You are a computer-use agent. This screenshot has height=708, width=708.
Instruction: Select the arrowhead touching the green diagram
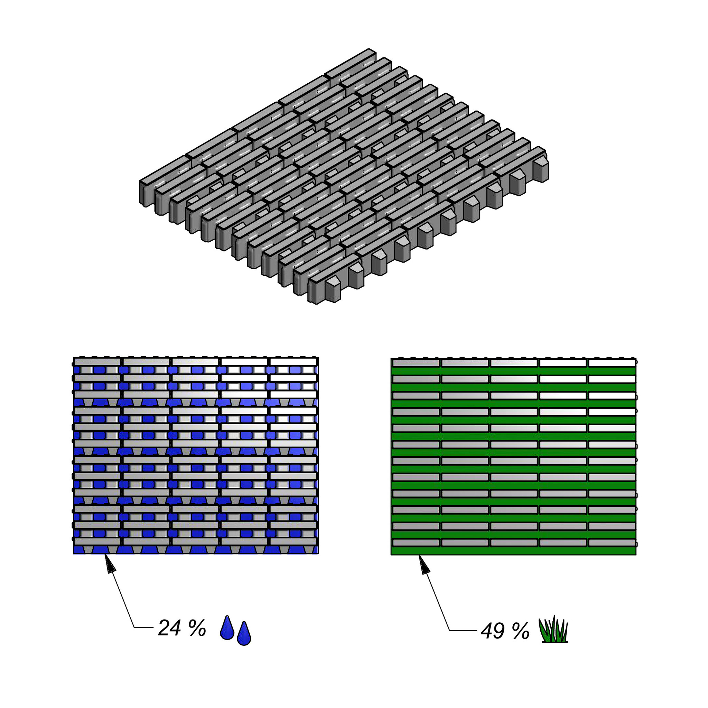click(x=424, y=565)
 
